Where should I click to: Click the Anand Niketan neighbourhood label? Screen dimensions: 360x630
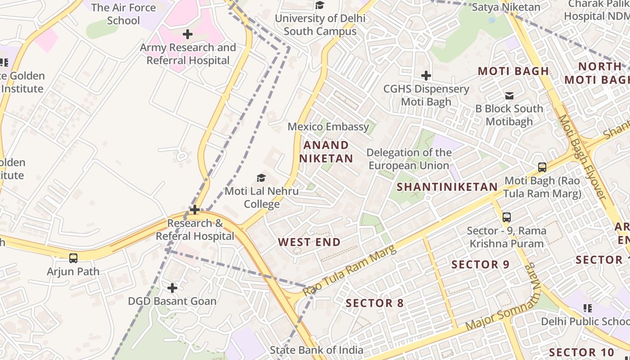(x=326, y=152)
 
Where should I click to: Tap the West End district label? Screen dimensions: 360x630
(x=309, y=242)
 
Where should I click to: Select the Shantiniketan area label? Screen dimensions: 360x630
(x=447, y=187)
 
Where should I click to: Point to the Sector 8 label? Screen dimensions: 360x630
(x=375, y=303)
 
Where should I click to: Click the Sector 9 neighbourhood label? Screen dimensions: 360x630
(x=480, y=264)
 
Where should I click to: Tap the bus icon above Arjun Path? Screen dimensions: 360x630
(x=73, y=258)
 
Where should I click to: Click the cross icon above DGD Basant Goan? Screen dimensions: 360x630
(x=172, y=288)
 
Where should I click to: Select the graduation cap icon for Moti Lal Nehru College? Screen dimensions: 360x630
(x=261, y=178)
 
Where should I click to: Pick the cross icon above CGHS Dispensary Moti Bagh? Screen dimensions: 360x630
(x=426, y=76)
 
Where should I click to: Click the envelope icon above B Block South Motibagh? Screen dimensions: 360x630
(x=509, y=95)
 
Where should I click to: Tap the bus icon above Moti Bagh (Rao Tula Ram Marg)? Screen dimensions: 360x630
(x=542, y=167)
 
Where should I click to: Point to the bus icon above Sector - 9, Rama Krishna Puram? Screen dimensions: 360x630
(x=507, y=217)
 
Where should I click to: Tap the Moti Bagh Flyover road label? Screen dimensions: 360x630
(x=582, y=157)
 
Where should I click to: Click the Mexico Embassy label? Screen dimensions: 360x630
(x=328, y=126)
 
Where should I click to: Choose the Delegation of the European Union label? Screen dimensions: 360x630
(x=409, y=159)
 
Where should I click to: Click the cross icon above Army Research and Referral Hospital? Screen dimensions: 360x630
(x=188, y=34)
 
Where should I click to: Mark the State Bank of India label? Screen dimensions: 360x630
(x=316, y=350)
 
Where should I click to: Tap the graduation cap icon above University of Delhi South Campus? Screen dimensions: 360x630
(x=320, y=5)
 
